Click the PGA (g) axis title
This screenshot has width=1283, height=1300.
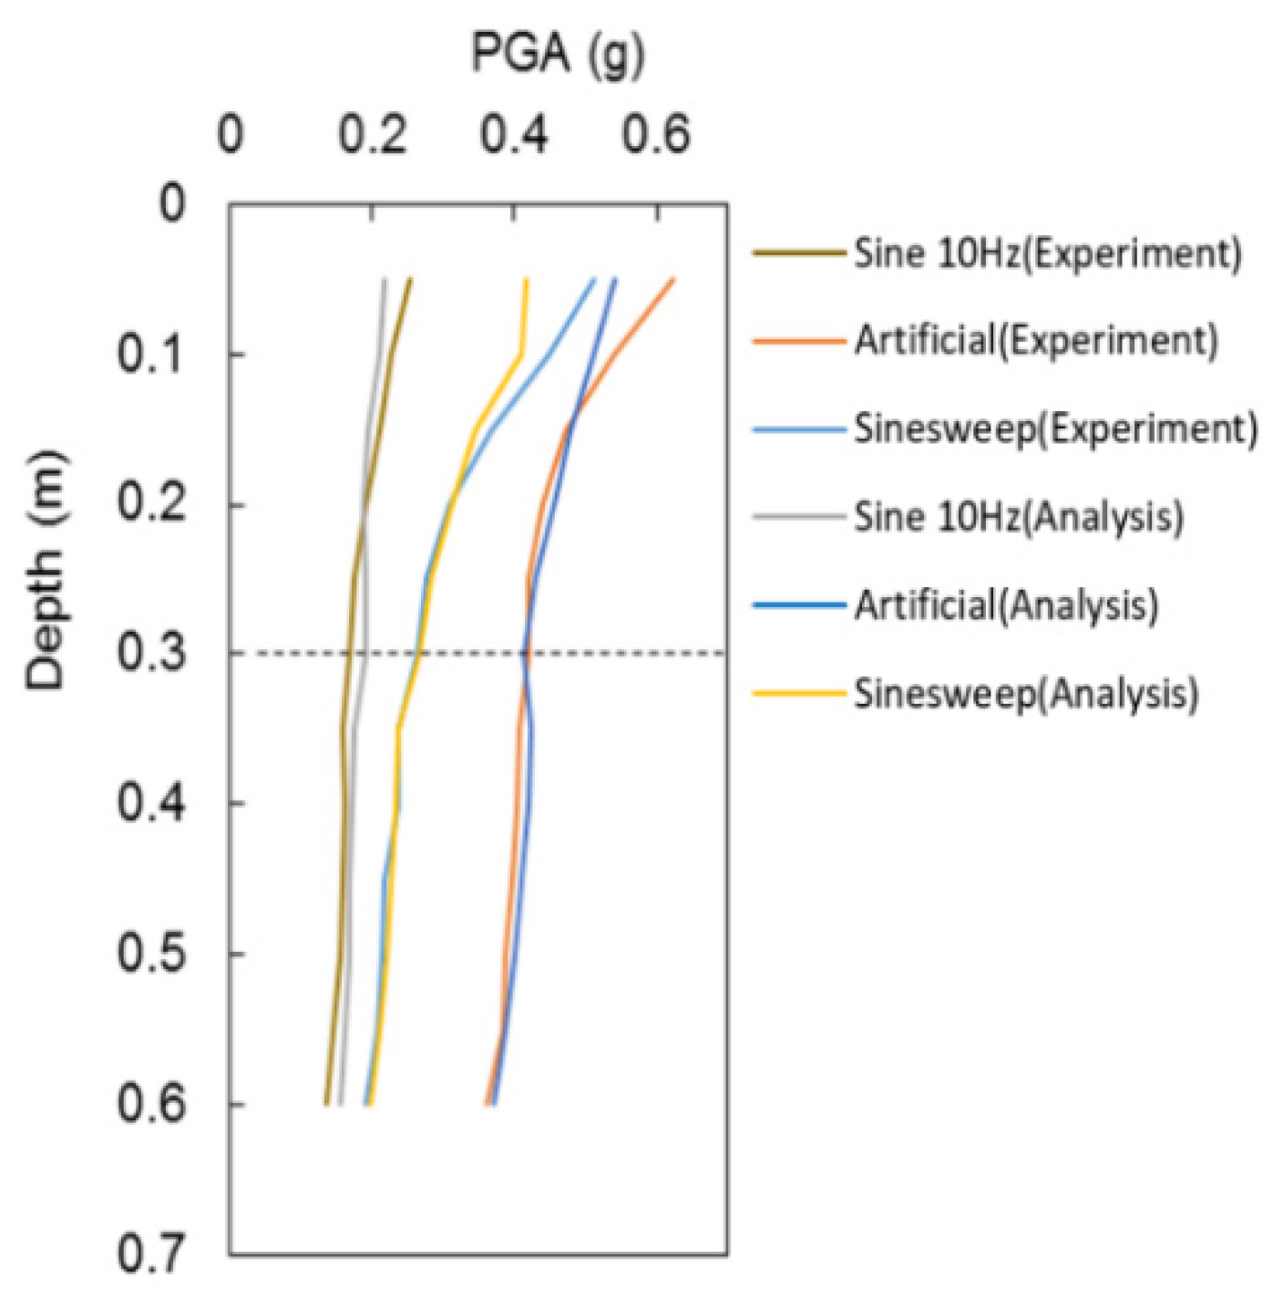tap(558, 54)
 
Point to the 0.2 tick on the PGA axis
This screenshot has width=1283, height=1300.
tap(373, 136)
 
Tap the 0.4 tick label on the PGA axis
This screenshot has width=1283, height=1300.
tap(515, 136)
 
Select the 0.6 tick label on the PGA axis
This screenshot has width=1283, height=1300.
tap(657, 136)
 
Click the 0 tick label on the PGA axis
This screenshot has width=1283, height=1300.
tap(231, 136)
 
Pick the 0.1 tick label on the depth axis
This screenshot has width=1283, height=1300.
tap(152, 354)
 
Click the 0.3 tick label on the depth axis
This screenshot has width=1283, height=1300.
tap(152, 654)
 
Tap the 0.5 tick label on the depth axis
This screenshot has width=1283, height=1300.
tap(152, 954)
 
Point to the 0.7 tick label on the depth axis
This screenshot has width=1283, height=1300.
tap(152, 1254)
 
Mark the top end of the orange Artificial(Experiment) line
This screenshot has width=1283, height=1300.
tap(673, 279)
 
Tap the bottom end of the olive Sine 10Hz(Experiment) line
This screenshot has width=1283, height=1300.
tap(325, 1104)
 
